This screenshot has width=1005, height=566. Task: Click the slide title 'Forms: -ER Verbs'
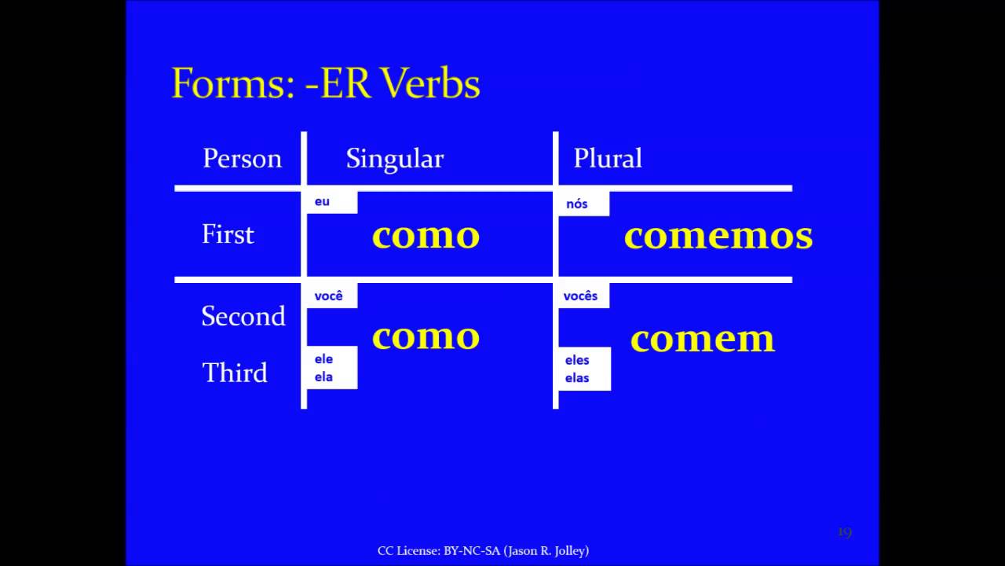(325, 83)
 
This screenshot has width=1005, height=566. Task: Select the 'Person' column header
(242, 159)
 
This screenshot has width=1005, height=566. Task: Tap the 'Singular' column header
(395, 159)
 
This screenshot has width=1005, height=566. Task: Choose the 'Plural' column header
(608, 159)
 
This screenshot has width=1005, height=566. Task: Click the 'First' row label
(228, 234)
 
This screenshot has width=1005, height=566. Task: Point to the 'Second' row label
(243, 316)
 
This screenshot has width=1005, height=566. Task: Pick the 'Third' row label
(235, 373)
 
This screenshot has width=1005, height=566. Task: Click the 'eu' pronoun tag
(323, 202)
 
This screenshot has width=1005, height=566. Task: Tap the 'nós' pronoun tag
(577, 204)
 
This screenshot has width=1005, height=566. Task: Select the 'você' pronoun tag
(329, 296)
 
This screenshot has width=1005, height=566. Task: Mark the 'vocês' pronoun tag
(581, 296)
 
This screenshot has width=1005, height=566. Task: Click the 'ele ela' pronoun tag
(324, 368)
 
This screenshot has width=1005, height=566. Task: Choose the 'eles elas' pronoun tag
(577, 369)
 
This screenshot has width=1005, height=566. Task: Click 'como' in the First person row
(426, 236)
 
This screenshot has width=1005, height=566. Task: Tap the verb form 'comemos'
(718, 237)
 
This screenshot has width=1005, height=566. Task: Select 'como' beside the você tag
(426, 336)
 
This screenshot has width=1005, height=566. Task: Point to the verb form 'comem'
(703, 339)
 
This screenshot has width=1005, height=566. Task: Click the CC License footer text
(483, 551)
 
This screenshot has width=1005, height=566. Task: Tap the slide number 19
(844, 533)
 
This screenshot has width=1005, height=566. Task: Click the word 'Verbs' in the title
(430, 83)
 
